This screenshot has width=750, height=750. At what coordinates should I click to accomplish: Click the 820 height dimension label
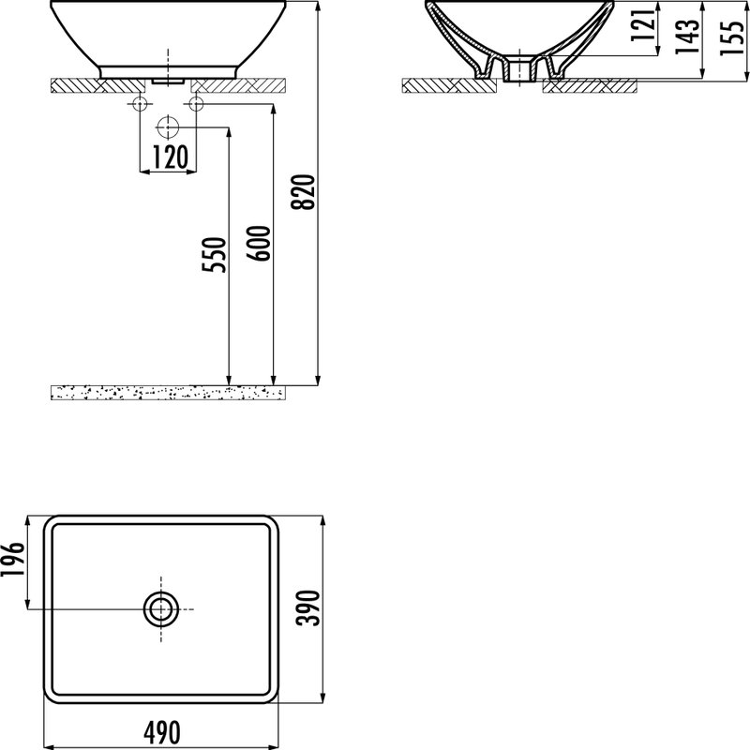point(303,192)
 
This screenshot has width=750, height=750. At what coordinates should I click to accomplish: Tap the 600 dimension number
point(259,243)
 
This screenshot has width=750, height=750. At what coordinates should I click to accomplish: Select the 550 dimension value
point(214,254)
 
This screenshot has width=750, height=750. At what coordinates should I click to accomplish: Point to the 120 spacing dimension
point(171,157)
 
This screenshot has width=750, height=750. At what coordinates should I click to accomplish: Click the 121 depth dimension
point(642,25)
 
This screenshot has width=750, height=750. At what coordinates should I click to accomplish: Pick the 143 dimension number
point(687,37)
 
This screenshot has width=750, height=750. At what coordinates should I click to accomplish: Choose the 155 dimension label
point(732,37)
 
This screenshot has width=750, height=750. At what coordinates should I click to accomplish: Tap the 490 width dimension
point(162,732)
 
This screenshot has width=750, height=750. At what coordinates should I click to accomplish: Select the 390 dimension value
point(307,607)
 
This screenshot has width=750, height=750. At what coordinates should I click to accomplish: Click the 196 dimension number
point(12,559)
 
